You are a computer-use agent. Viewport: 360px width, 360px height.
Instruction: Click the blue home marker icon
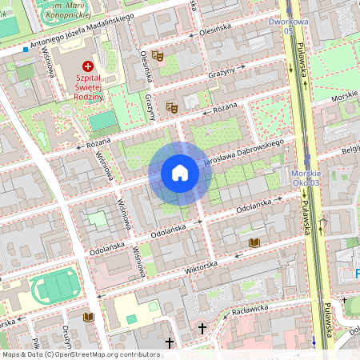[x=179, y=173]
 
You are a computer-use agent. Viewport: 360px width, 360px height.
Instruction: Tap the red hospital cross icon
[x=87, y=68]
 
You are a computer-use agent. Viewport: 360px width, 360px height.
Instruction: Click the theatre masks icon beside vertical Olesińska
[x=158, y=56]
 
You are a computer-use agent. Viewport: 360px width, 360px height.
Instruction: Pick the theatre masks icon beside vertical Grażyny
[x=171, y=106]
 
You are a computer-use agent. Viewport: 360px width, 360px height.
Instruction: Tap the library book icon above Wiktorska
[x=254, y=242]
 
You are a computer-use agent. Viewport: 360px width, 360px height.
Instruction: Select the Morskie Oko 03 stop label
[x=306, y=178]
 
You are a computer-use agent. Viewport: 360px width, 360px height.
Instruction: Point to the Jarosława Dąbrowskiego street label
[x=244, y=151]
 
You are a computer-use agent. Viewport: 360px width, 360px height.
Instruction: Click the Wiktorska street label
[x=201, y=266]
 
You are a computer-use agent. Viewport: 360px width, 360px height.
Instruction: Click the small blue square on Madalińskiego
[x=26, y=50]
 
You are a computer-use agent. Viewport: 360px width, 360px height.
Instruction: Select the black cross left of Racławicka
[x=202, y=328]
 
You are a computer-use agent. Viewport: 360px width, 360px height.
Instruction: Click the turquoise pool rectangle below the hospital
[x=102, y=120]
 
